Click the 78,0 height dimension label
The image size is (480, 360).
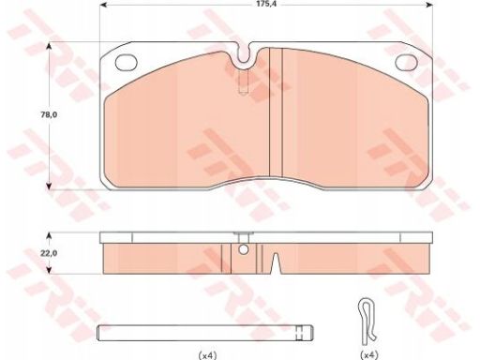coord(49,114)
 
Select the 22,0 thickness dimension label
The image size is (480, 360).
coord(49,253)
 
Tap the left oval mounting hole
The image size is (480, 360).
coord(127,62)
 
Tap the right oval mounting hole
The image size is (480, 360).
coord(407,62)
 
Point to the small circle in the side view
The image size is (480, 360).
coord(243,249)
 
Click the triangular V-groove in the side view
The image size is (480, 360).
coord(275,263)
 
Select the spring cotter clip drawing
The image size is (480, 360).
coord(367,322)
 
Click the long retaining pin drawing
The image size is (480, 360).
coord(205,333)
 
